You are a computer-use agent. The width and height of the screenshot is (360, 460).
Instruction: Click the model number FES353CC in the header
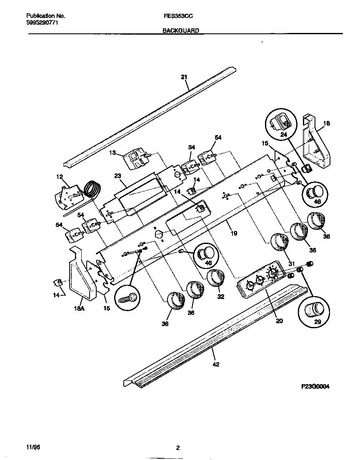pyautogui.click(x=178, y=15)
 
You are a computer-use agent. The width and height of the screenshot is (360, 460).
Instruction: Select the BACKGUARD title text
pyautogui.click(x=180, y=30)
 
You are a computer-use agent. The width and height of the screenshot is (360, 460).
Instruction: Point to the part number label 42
pyautogui.click(x=216, y=364)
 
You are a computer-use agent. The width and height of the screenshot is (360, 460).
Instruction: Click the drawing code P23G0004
pyautogui.click(x=315, y=387)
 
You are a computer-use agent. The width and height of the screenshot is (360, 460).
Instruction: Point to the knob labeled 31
pyautogui.click(x=279, y=242)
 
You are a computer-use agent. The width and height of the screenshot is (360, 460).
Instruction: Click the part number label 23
pyautogui.click(x=117, y=177)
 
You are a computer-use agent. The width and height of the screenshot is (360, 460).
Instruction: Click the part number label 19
pyautogui.click(x=234, y=234)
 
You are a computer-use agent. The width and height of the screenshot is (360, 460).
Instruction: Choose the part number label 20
pyautogui.click(x=279, y=321)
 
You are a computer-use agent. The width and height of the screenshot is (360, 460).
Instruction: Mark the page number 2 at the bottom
pyautogui.click(x=178, y=448)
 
